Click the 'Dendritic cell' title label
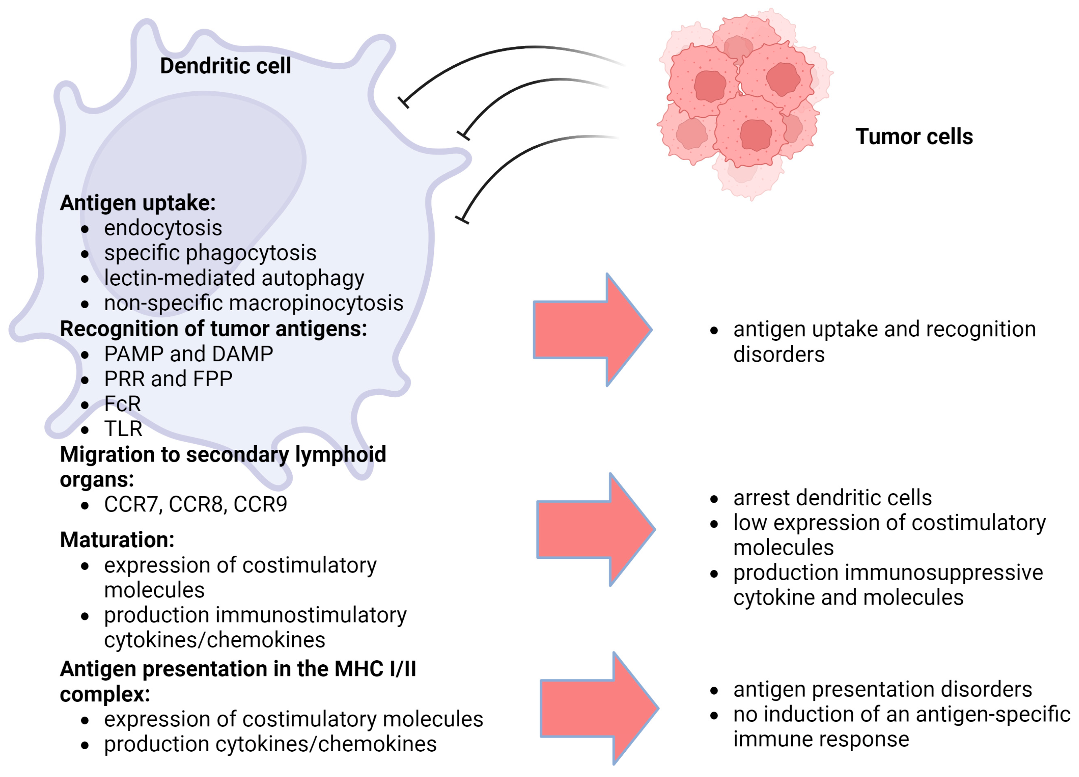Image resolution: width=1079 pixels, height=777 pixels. pos(225,66)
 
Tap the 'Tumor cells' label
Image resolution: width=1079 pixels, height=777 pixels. pos(914,136)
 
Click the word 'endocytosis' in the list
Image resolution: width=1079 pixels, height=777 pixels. pos(163,228)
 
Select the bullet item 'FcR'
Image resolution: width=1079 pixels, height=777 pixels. pos(122,404)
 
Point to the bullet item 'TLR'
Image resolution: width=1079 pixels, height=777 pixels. pos(123,429)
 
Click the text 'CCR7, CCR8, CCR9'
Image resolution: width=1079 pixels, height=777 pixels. pos(195,505)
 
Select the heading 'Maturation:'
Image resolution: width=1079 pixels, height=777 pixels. pos(117,540)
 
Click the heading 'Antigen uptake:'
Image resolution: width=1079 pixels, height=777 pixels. pos(138,203)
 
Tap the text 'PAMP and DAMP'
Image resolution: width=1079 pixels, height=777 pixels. pos(188,354)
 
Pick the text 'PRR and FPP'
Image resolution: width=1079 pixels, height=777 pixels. pos(168,379)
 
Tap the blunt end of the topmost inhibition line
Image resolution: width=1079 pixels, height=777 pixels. pos(403,102)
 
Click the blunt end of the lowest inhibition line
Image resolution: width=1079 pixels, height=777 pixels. pos(462,220)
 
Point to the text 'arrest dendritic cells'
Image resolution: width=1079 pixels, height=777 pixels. pos(832,498)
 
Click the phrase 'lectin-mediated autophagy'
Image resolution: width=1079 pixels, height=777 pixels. pos(233,278)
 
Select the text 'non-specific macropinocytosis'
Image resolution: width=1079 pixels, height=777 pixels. pos(253,303)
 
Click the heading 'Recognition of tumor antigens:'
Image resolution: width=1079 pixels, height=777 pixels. pos(213,329)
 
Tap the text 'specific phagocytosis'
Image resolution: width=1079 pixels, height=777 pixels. pos(210,253)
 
